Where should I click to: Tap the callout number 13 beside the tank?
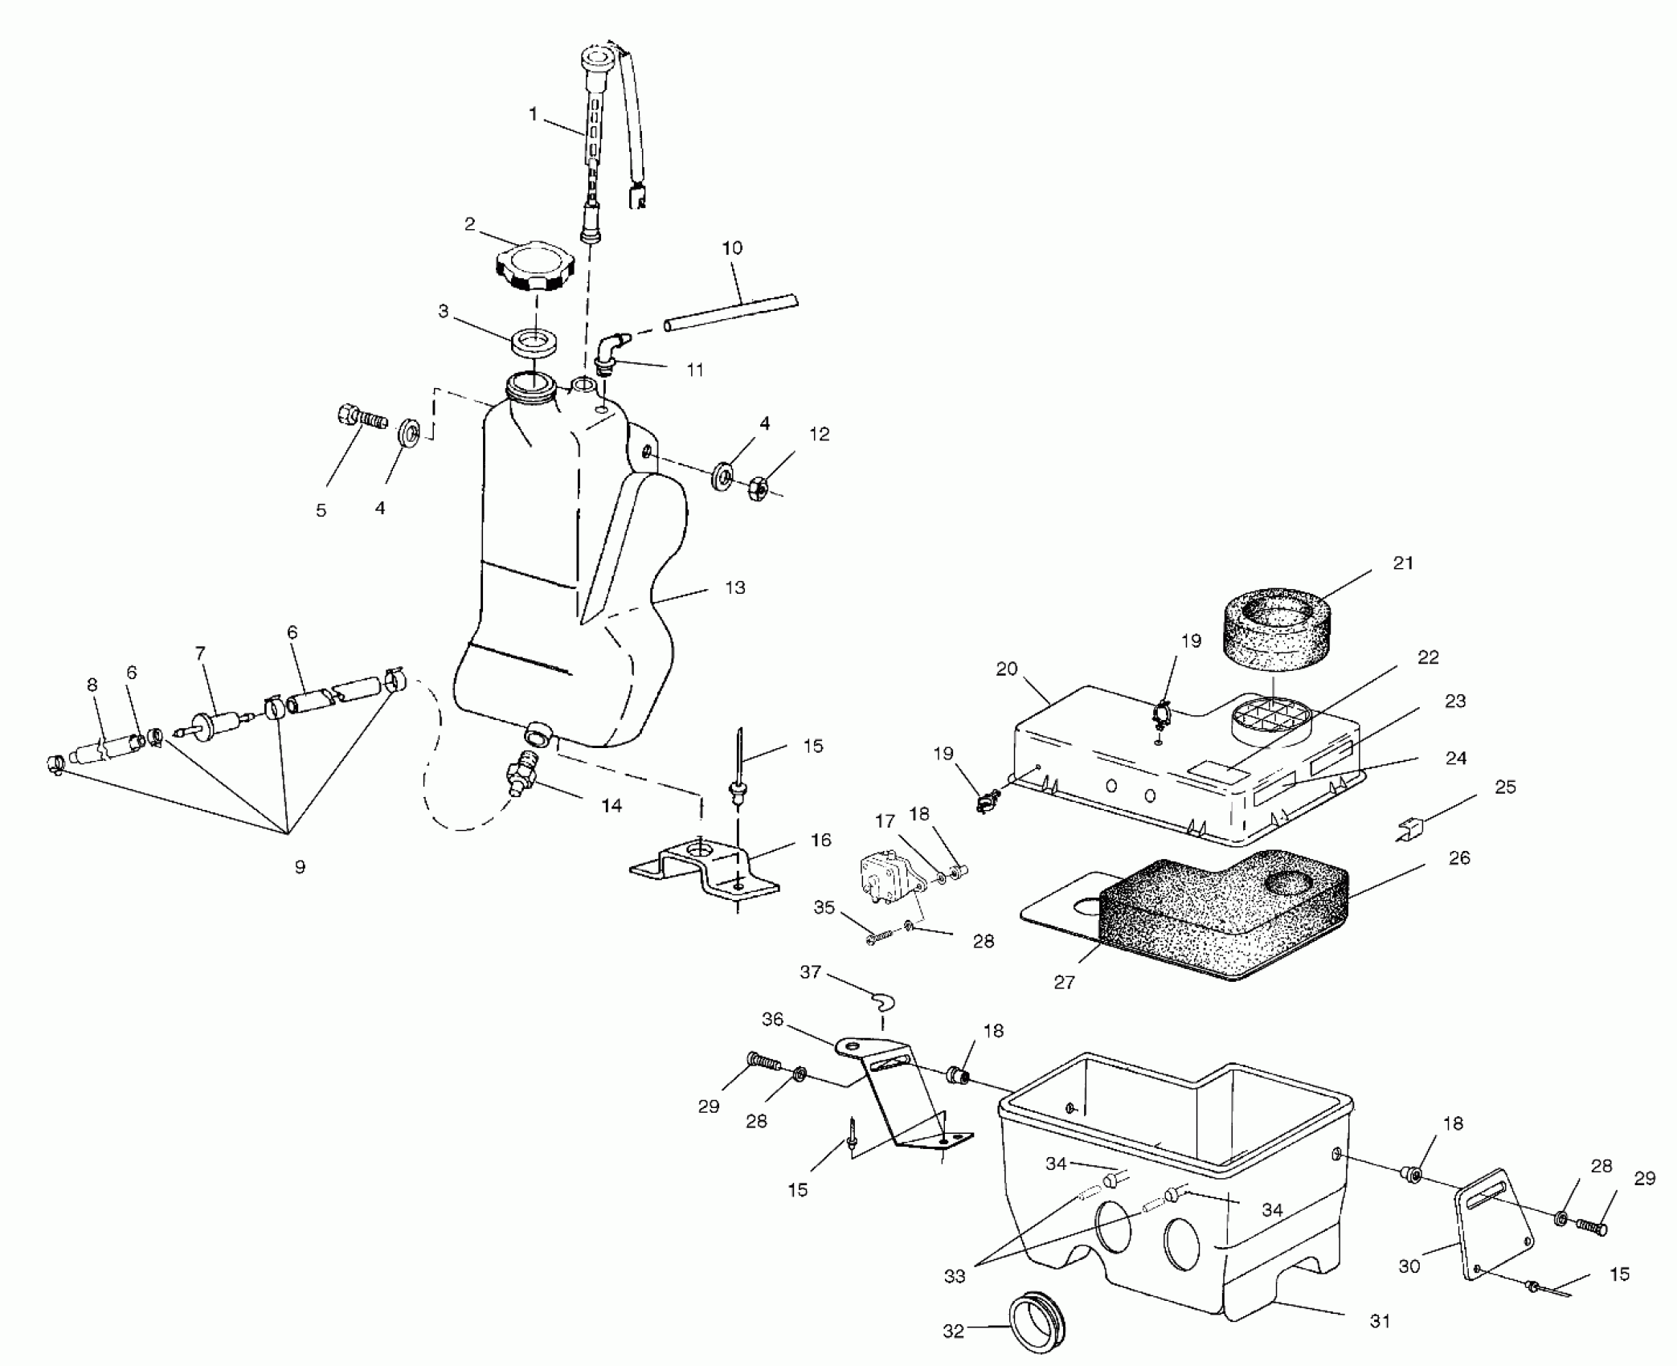(x=734, y=587)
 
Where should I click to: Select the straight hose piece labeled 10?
(x=731, y=313)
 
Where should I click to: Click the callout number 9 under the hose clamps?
(x=299, y=868)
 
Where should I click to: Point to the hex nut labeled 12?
(x=759, y=485)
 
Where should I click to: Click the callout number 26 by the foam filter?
(x=1459, y=858)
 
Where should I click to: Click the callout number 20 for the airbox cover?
(x=1007, y=669)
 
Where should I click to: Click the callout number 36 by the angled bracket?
(x=772, y=1020)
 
